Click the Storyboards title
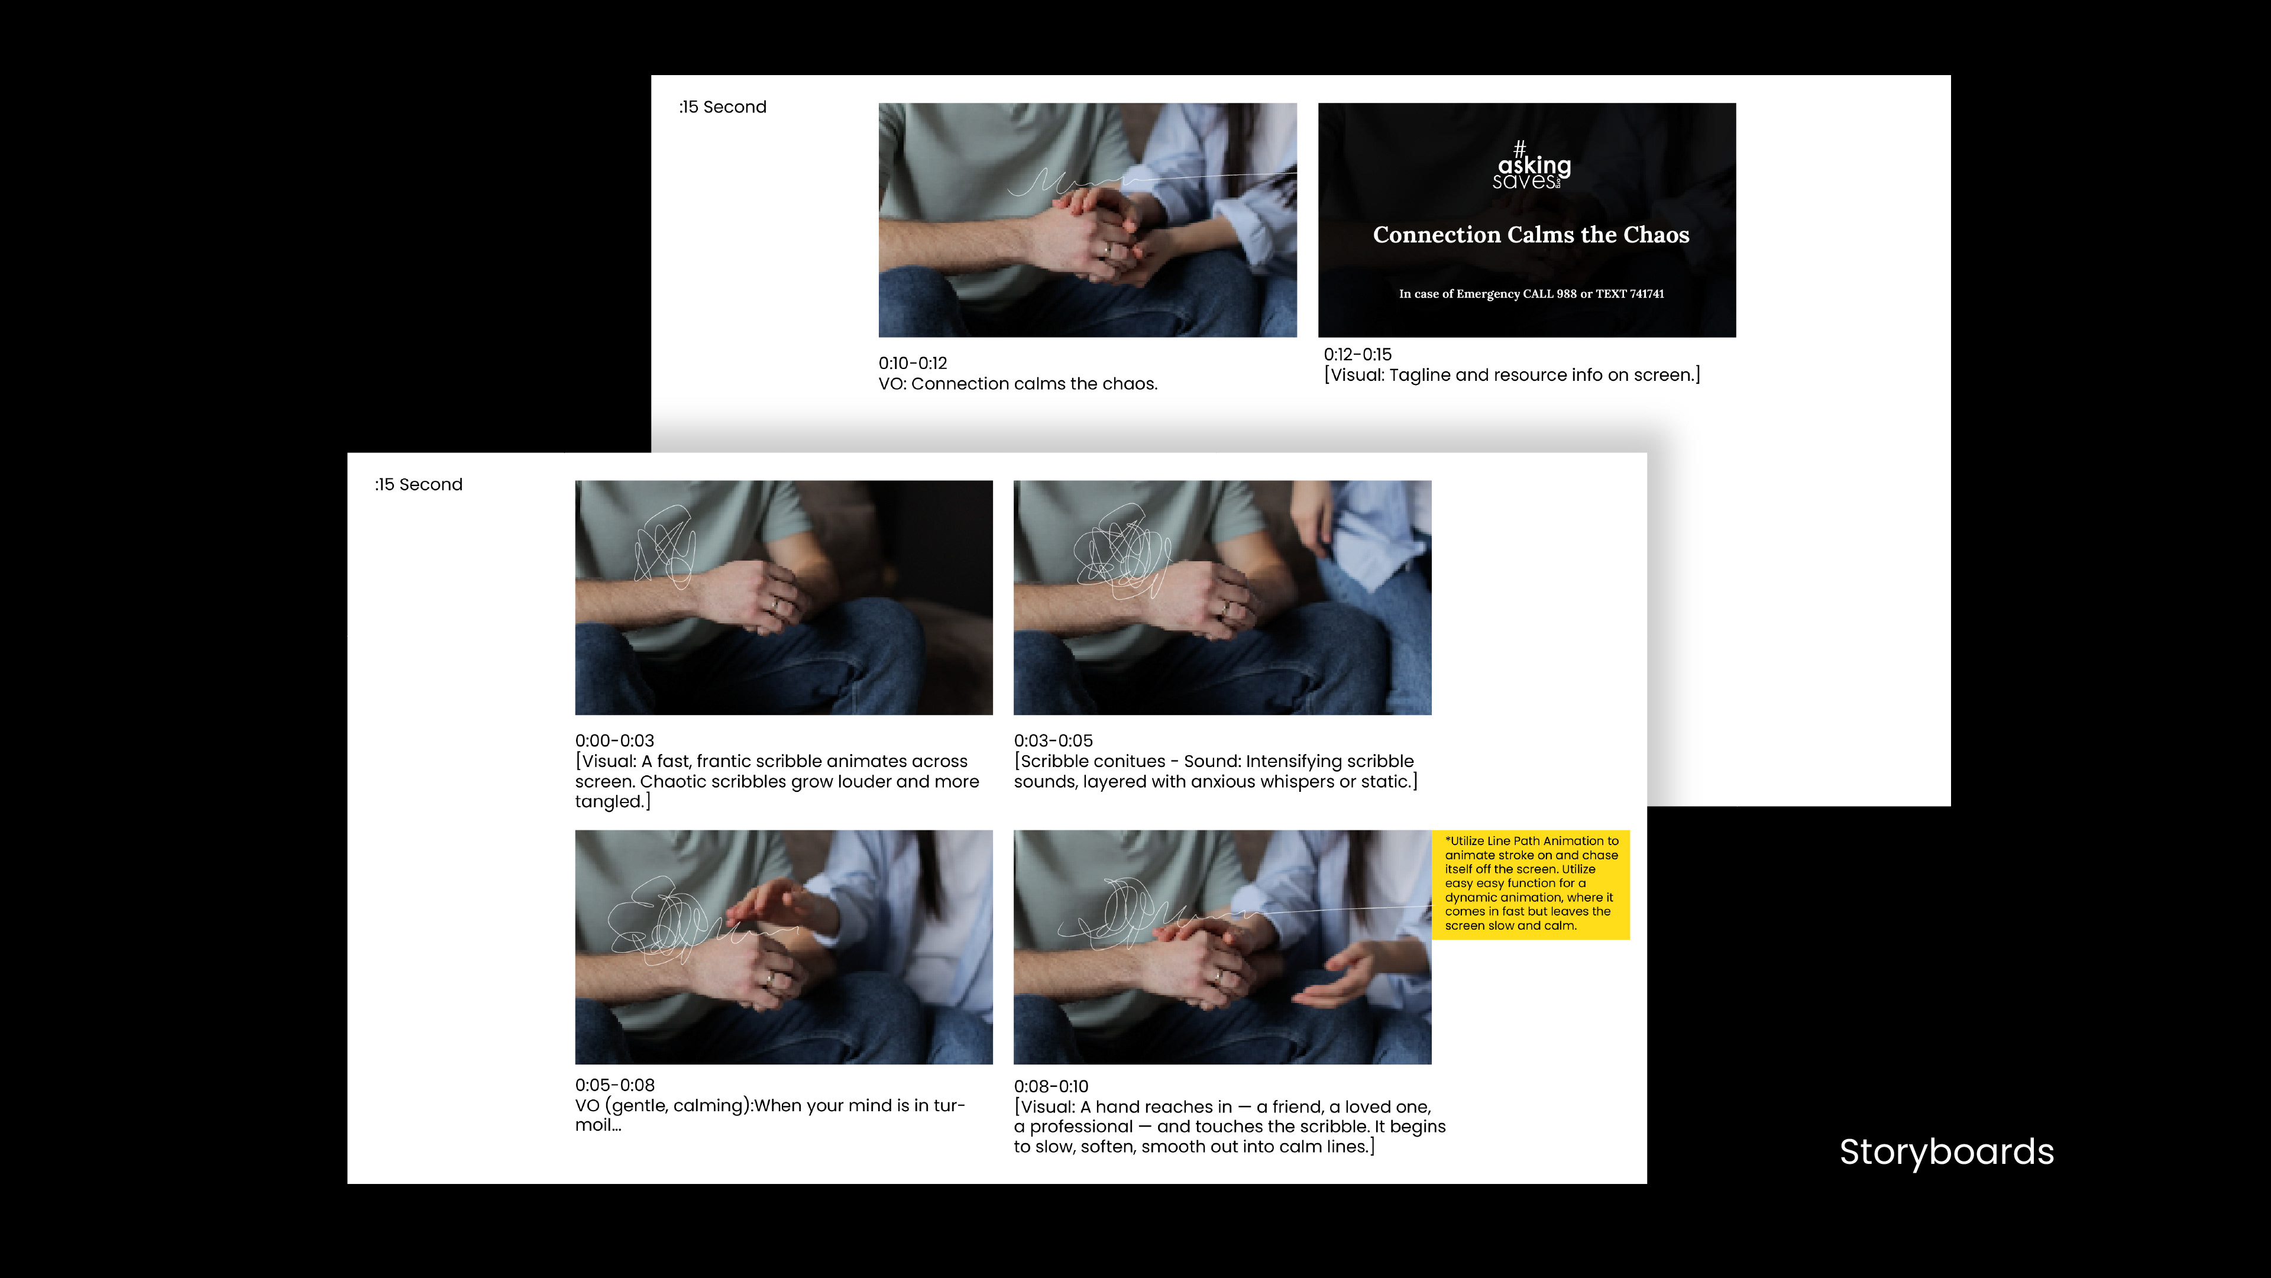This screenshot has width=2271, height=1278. click(x=1946, y=1153)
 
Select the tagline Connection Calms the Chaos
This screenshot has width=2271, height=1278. click(x=1531, y=234)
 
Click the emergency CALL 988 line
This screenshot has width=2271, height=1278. click(x=1531, y=293)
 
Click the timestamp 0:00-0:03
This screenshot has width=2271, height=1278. click(x=614, y=740)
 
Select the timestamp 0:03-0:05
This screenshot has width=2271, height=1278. click(x=1053, y=740)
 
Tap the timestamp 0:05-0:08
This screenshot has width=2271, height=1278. click(x=614, y=1085)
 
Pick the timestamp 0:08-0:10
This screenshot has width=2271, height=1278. click(x=1051, y=1086)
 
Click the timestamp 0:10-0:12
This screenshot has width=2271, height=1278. click(x=913, y=363)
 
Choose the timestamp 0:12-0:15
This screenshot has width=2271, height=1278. click(x=1358, y=354)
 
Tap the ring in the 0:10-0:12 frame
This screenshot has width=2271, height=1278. click(x=1107, y=250)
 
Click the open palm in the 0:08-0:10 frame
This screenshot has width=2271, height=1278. click(x=1335, y=976)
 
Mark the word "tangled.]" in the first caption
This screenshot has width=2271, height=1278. click(x=613, y=802)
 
